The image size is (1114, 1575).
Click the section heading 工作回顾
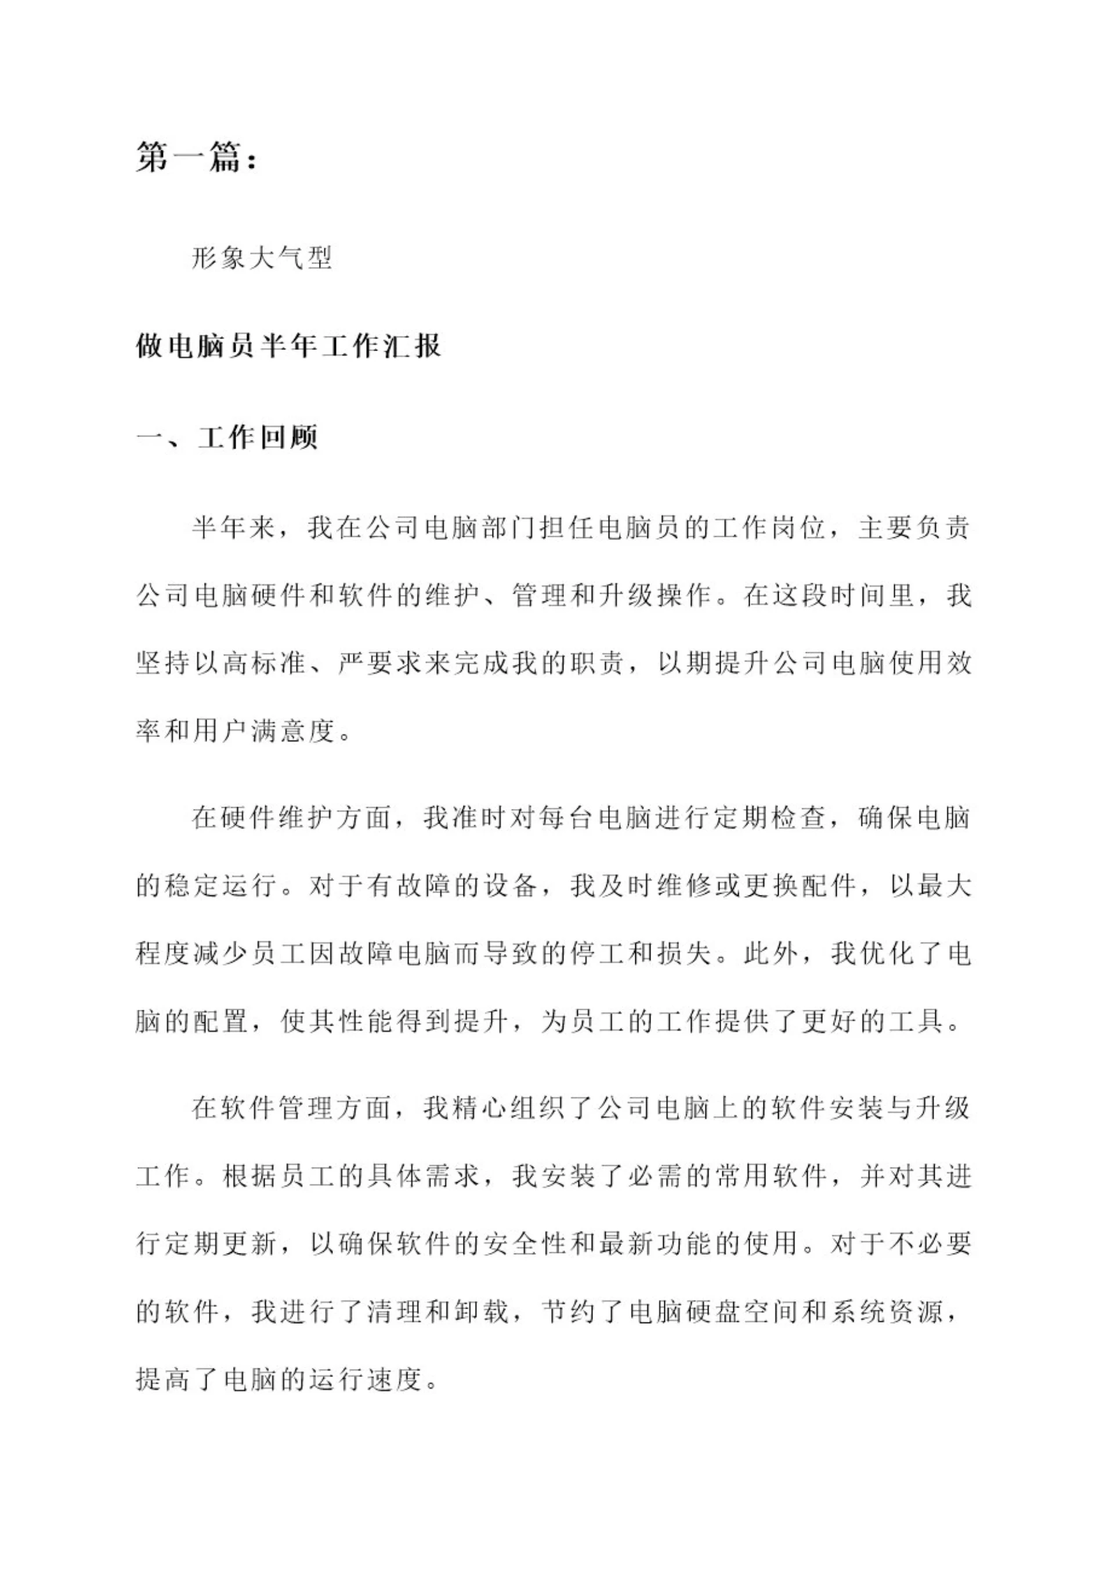[258, 437]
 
